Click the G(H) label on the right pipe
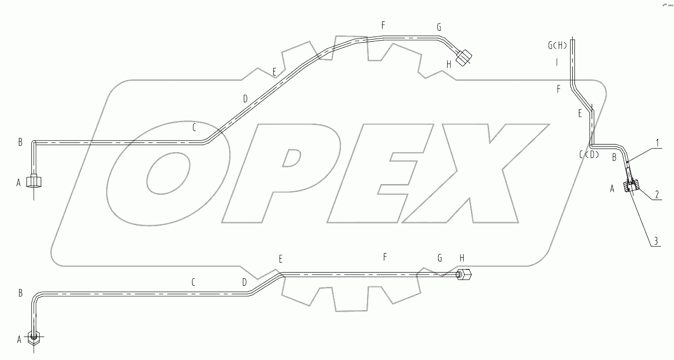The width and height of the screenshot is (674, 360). [x=557, y=46]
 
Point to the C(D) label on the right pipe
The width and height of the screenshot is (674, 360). [x=589, y=154]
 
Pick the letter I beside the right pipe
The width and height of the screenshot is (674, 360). [x=557, y=62]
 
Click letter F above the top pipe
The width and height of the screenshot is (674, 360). [x=383, y=25]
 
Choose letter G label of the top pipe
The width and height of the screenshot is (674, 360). [x=439, y=28]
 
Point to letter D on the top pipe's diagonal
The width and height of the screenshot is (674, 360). [x=245, y=97]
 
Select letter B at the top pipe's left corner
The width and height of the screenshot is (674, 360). [x=20, y=142]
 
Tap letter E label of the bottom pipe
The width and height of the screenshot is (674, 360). [x=280, y=259]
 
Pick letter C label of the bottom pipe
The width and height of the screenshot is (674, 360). [x=193, y=282]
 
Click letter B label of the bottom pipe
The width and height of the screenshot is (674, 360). [x=20, y=293]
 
